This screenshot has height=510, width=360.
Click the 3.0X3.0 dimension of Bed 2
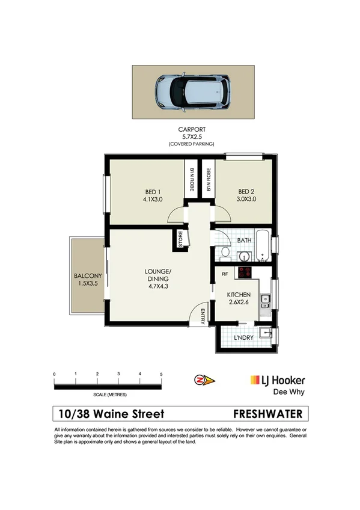click(x=246, y=199)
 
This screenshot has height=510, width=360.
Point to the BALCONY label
click(x=88, y=276)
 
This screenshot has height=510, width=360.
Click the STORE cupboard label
click(x=180, y=239)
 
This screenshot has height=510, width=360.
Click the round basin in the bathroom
click(x=245, y=255)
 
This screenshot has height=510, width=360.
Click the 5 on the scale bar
click(x=161, y=374)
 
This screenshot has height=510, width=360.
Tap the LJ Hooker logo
click(x=277, y=380)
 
